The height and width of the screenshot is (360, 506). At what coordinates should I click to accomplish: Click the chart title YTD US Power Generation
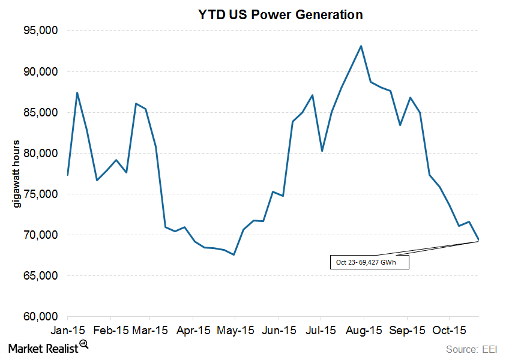tap(280, 15)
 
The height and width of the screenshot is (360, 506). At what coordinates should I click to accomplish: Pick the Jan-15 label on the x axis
tap(67, 331)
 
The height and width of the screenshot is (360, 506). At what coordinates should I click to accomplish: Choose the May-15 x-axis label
tap(236, 331)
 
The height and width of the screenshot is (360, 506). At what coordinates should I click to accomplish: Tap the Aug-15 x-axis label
tap(363, 331)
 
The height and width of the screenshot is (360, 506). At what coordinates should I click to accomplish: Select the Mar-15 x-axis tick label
tap(151, 331)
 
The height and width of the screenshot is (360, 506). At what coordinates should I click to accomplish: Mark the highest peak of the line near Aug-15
tap(361, 46)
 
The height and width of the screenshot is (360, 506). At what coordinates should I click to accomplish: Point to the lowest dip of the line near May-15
tap(233, 254)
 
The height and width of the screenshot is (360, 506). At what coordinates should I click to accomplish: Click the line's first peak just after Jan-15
tap(77, 92)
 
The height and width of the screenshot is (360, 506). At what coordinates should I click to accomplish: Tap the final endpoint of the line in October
tap(478, 240)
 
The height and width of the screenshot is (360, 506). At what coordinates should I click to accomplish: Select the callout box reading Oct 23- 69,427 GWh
tap(369, 262)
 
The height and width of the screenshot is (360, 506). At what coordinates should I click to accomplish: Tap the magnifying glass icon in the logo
tap(83, 344)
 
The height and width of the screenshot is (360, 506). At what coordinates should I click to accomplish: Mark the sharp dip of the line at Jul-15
tap(322, 151)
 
